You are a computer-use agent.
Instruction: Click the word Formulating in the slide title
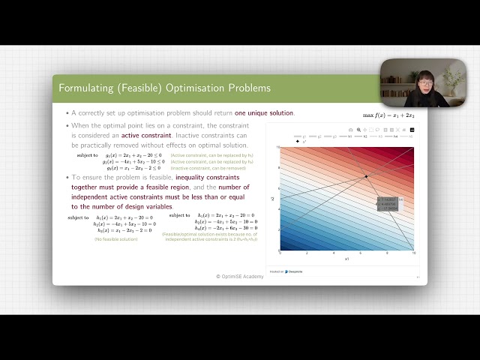click(x=85, y=88)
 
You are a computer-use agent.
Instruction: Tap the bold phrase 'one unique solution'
click(x=264, y=113)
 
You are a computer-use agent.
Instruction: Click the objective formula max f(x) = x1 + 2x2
click(x=388, y=115)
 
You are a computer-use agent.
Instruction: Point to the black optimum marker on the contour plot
click(x=366, y=176)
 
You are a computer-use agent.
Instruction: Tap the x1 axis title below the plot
click(x=347, y=259)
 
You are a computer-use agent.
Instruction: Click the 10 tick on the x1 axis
click(x=413, y=253)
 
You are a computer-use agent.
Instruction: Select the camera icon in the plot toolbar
click(x=350, y=130)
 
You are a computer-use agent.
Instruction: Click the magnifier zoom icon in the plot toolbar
click(x=358, y=130)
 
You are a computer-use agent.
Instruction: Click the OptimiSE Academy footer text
click(x=240, y=276)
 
